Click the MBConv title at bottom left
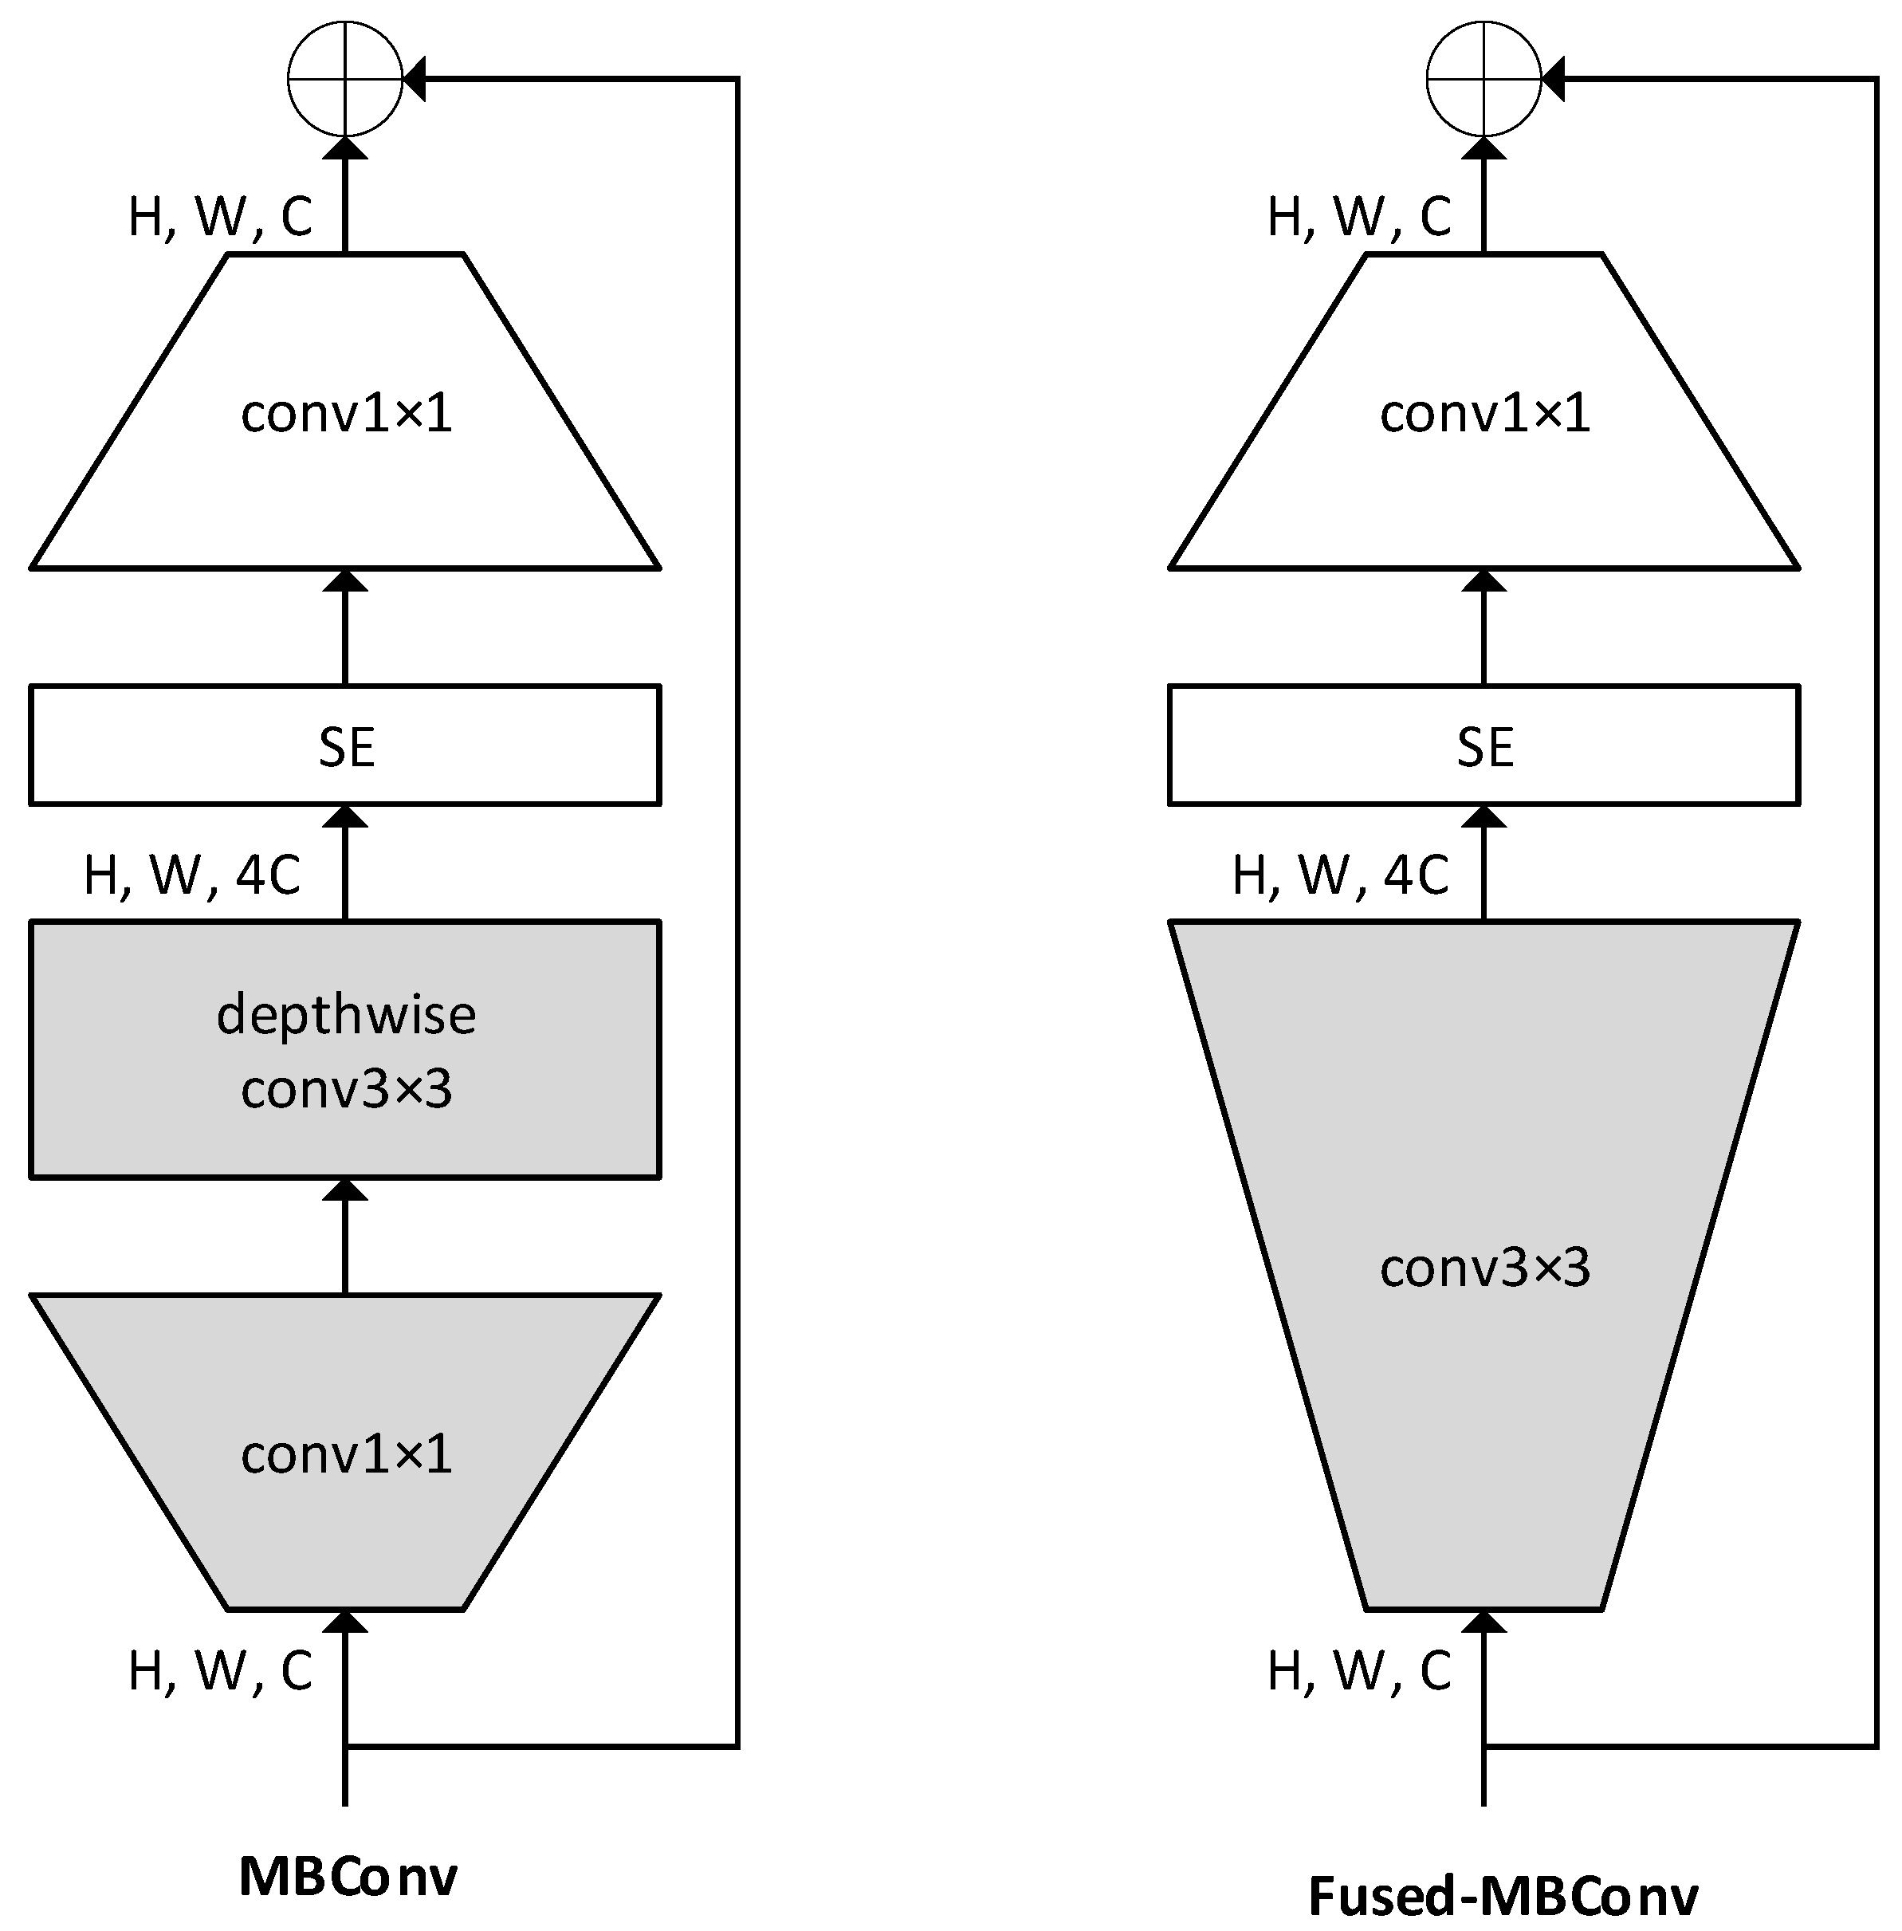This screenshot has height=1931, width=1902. coord(348,1875)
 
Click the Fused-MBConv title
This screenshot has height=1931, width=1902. coord(1503,1895)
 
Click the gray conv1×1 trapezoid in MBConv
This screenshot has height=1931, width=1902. coord(344,1453)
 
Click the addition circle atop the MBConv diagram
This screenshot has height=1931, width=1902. coord(344,79)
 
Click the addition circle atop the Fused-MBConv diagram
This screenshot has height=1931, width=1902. coord(1483,79)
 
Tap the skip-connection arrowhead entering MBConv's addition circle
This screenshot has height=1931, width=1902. coord(415,79)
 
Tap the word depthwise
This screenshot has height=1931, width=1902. coord(346,1015)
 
